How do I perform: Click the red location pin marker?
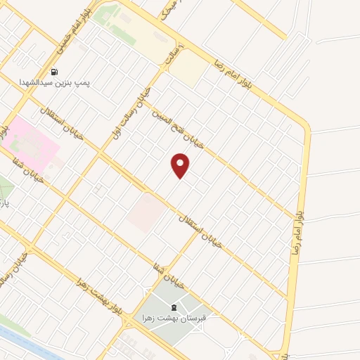(x=181, y=165)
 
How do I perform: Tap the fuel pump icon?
(x=54, y=72)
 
